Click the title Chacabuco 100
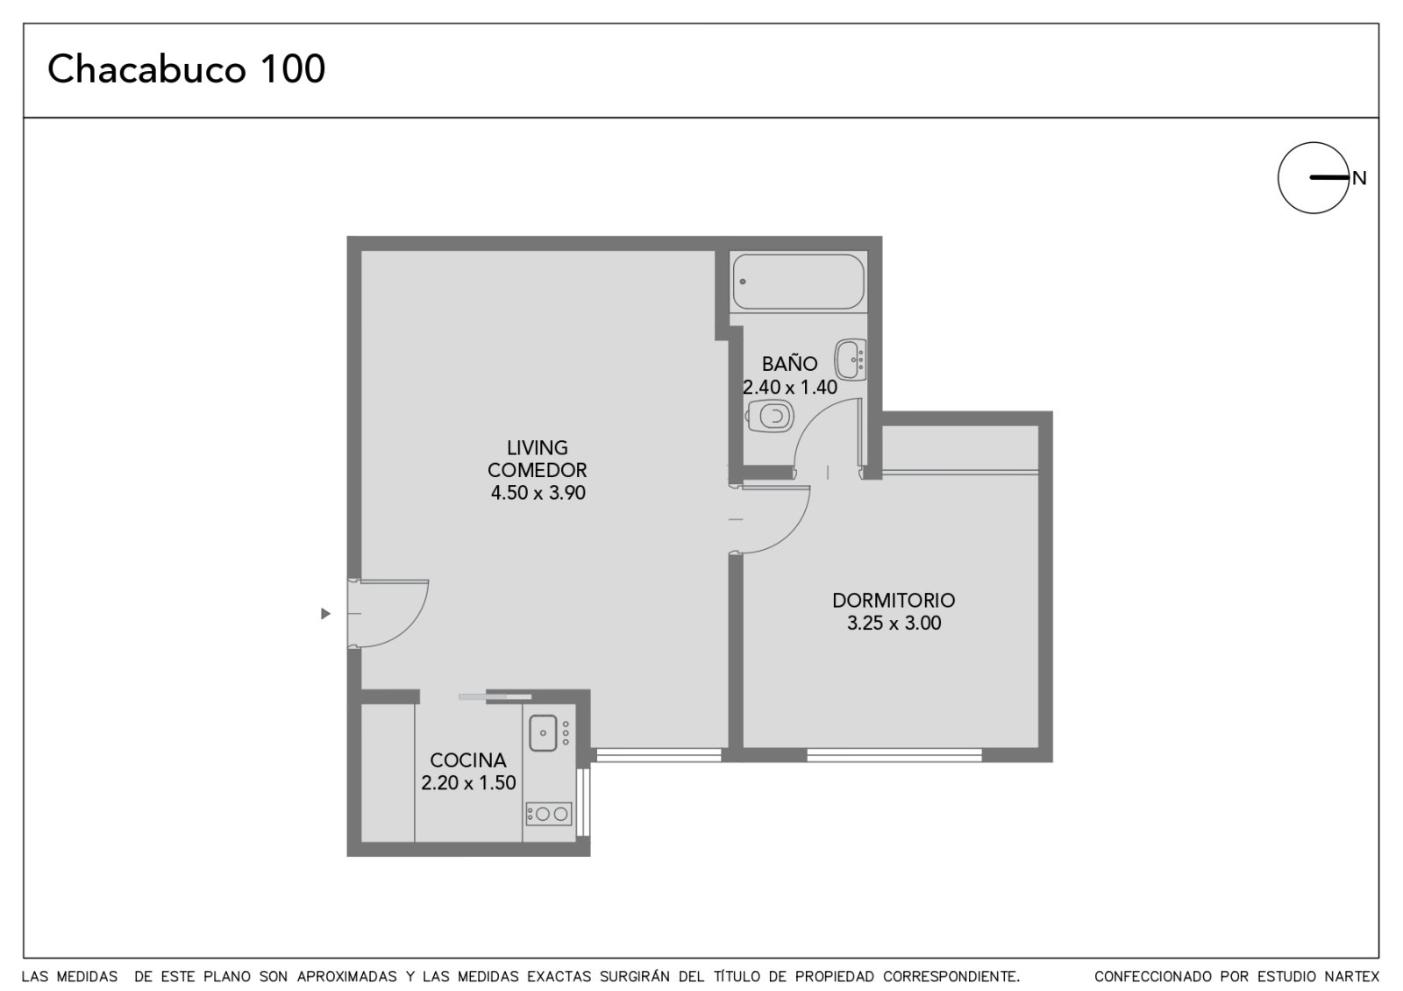click(186, 68)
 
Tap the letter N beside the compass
click(1358, 179)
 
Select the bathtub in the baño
click(799, 282)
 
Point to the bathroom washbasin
click(851, 360)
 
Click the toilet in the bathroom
click(771, 416)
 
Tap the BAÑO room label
click(789, 364)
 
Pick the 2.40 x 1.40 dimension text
click(790, 387)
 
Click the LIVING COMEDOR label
click(538, 459)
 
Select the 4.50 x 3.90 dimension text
click(538, 493)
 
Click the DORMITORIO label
click(894, 600)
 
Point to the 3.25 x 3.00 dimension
click(894, 624)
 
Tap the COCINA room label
click(468, 759)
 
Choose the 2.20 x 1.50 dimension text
click(468, 783)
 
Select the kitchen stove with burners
click(549, 814)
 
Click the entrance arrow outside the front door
click(325, 613)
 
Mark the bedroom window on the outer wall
click(894, 755)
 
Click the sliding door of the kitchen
click(495, 696)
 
